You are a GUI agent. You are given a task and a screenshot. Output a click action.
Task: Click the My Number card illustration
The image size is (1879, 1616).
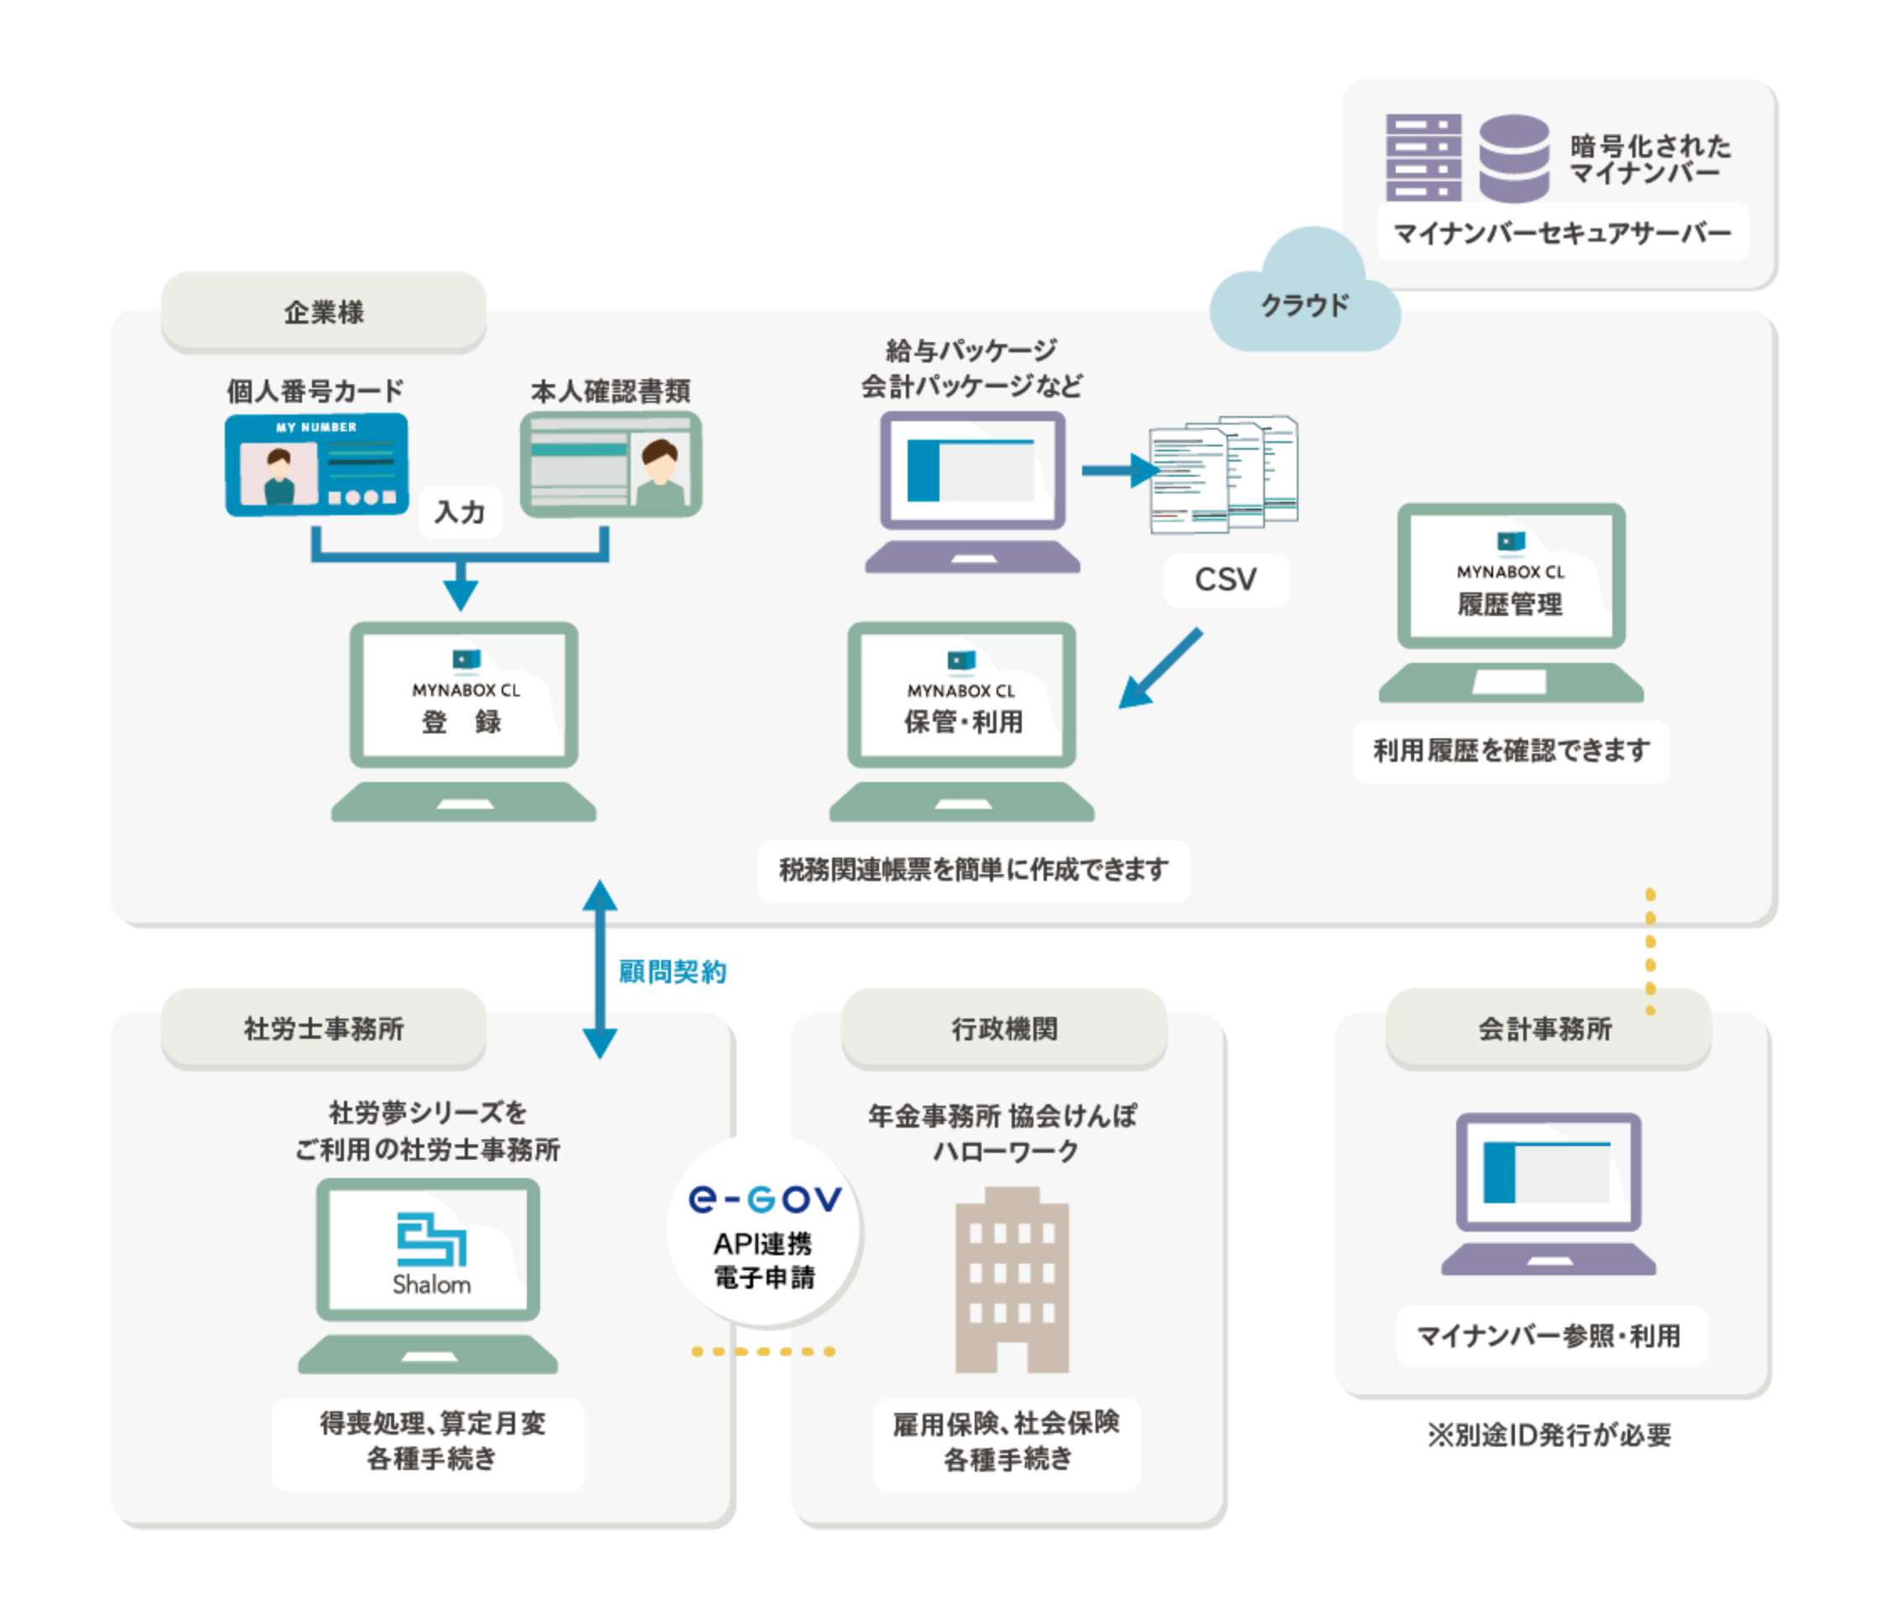[x=315, y=465]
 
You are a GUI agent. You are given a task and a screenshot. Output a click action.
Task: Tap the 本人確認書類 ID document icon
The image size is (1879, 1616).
[x=611, y=465]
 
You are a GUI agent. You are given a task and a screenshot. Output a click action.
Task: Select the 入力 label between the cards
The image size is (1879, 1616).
[x=460, y=513]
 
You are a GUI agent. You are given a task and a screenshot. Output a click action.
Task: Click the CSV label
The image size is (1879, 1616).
[x=1226, y=580]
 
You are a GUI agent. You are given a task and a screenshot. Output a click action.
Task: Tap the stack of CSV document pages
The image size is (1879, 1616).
[x=1223, y=474]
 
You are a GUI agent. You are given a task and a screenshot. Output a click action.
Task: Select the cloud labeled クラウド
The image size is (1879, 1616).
[x=1304, y=300]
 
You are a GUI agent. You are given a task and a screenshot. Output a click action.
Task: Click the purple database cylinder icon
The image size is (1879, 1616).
[x=1513, y=158]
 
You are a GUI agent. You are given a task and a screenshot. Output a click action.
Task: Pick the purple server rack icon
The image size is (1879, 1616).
[x=1423, y=157]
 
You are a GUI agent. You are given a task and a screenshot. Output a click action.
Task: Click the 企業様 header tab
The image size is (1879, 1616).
[x=324, y=312]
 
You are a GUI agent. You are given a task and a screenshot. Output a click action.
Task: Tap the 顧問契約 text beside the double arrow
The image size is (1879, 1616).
[x=672, y=972]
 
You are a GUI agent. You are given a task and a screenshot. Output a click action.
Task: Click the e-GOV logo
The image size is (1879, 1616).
[x=764, y=1199]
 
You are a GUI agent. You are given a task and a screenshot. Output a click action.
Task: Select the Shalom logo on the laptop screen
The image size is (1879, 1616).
[x=431, y=1254]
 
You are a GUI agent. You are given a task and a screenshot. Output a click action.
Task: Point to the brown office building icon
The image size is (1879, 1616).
[x=1012, y=1279]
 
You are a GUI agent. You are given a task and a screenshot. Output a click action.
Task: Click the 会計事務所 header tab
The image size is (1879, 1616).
[x=1545, y=1029]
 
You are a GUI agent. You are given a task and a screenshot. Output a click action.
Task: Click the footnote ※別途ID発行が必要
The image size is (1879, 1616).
[x=1548, y=1436]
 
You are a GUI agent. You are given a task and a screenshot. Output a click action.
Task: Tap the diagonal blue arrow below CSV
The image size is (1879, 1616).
[x=1160, y=670]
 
